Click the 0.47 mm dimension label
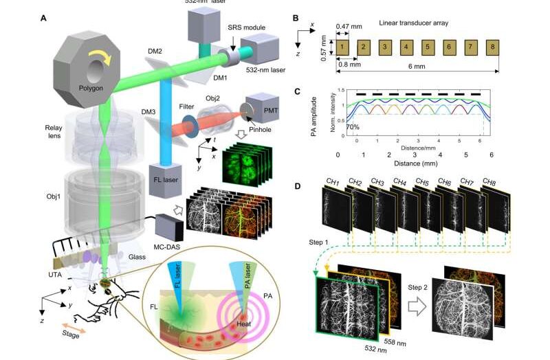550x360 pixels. [x=349, y=26]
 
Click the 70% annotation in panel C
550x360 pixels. [x=353, y=128]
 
